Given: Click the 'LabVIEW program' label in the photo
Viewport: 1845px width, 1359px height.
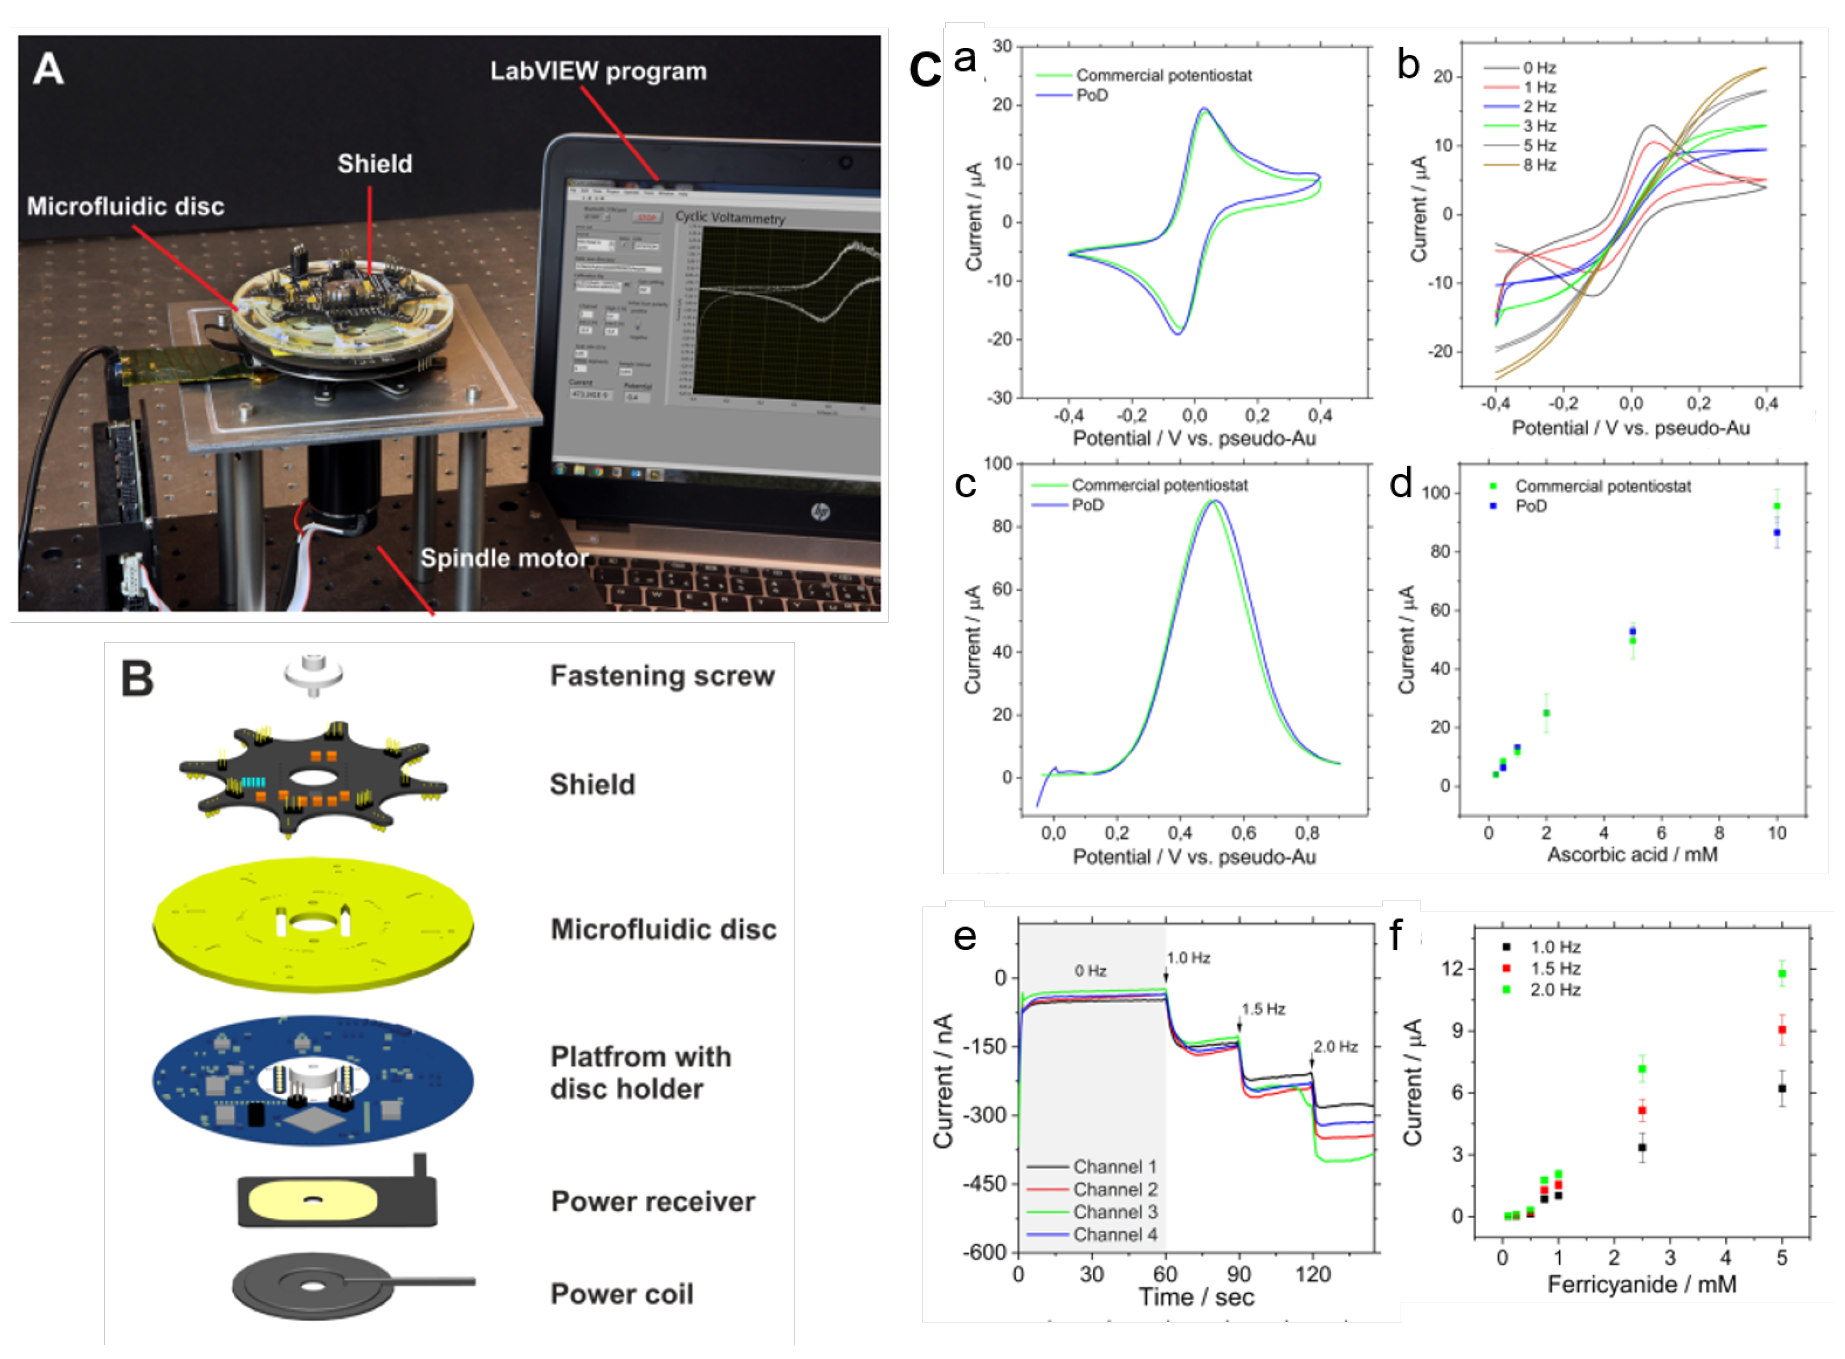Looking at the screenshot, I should [598, 72].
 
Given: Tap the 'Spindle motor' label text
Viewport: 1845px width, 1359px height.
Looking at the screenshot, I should [504, 559].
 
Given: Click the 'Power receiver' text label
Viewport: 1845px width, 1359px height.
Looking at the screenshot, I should [653, 1202].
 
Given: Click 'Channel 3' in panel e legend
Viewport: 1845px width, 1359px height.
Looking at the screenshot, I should [1114, 1212].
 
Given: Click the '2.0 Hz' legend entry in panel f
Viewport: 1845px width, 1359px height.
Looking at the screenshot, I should [1554, 990].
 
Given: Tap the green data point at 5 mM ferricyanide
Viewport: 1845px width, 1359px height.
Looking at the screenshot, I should [1782, 974].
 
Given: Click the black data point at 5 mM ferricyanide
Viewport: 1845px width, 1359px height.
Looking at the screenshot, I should [1782, 1088].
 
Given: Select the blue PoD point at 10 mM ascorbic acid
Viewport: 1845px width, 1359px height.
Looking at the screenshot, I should [1777, 533].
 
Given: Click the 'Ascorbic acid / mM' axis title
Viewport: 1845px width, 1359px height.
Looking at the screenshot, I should [1632, 855].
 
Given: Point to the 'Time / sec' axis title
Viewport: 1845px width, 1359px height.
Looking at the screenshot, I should [1196, 1297].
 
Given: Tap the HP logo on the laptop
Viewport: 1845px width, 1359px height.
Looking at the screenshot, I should [820, 513].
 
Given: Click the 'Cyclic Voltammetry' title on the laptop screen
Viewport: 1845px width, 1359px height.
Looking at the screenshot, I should [730, 217].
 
